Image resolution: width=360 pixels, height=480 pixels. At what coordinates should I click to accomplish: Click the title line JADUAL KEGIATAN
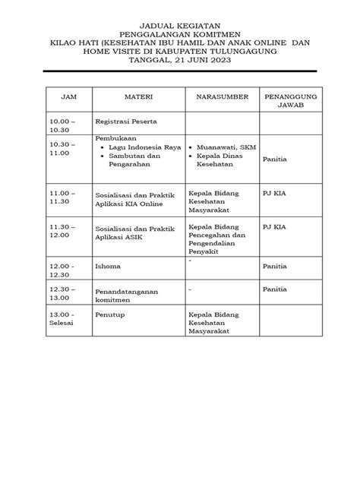[x=181, y=27]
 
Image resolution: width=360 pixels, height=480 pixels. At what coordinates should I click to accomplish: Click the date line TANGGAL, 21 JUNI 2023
[x=181, y=60]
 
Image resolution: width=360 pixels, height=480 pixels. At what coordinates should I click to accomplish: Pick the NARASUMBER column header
[x=222, y=99]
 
